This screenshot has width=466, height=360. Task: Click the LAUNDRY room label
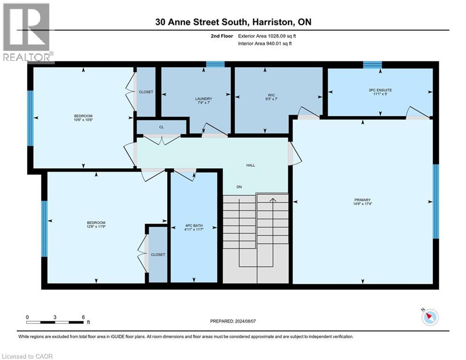click(x=204, y=98)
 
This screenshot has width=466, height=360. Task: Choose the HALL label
click(x=251, y=165)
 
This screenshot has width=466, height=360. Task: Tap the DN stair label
click(x=239, y=187)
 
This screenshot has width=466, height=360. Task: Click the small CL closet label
click(x=162, y=127)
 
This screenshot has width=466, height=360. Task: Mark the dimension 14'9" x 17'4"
click(x=362, y=203)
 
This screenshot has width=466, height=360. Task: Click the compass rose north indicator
click(x=429, y=317)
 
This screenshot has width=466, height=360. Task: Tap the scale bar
click(x=55, y=322)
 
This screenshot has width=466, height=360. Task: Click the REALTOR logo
click(x=27, y=32)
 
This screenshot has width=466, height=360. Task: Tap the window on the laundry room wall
click(x=215, y=64)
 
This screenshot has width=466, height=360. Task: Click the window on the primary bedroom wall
click(x=436, y=202)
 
